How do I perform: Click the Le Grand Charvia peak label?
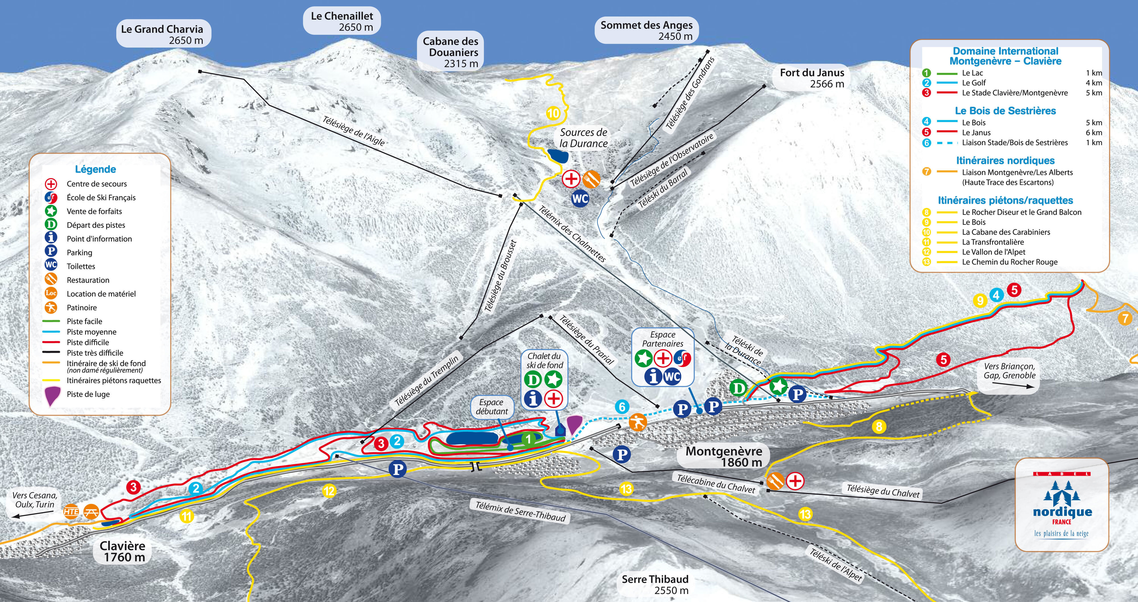point(162,34)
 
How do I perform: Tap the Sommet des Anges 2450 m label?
point(646,30)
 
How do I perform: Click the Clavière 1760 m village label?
point(122,551)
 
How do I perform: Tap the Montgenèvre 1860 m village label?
point(723,456)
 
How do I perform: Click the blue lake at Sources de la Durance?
point(558,155)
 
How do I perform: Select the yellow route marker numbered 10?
point(553,114)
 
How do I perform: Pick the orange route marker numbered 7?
point(1125,318)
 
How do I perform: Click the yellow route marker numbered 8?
point(879,427)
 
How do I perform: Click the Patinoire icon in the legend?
point(51,308)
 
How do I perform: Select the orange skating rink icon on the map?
point(638,422)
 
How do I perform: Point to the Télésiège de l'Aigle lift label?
point(353,131)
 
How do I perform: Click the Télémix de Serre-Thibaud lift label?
point(520,511)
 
